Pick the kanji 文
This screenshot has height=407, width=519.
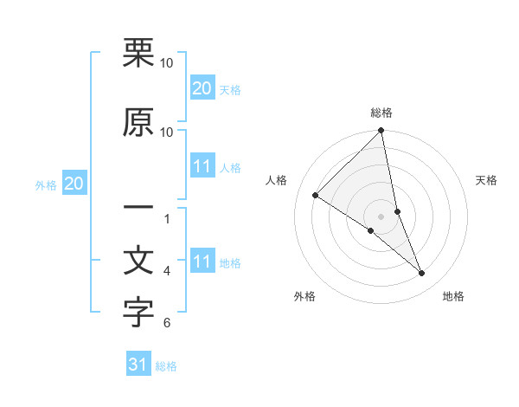point(138,262)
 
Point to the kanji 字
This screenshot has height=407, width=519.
point(138,313)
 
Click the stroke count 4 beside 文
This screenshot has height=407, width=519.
point(167,271)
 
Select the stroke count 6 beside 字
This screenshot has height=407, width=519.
point(167,323)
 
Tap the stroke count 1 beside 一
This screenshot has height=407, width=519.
point(167,218)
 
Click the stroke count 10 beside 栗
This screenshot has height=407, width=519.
point(167,63)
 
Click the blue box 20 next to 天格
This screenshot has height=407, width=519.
point(202,88)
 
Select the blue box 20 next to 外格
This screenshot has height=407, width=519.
point(74,184)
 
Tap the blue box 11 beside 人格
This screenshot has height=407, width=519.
point(202,166)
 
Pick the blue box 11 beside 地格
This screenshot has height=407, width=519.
point(202,262)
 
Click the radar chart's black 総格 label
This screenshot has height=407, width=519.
point(381,113)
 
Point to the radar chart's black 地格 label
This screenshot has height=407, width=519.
point(453,296)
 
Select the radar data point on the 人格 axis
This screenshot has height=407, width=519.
point(316,195)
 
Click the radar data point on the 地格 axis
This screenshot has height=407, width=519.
point(422,274)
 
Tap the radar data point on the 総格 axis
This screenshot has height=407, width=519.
point(381,131)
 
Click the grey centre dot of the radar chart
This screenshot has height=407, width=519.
point(381,216)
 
